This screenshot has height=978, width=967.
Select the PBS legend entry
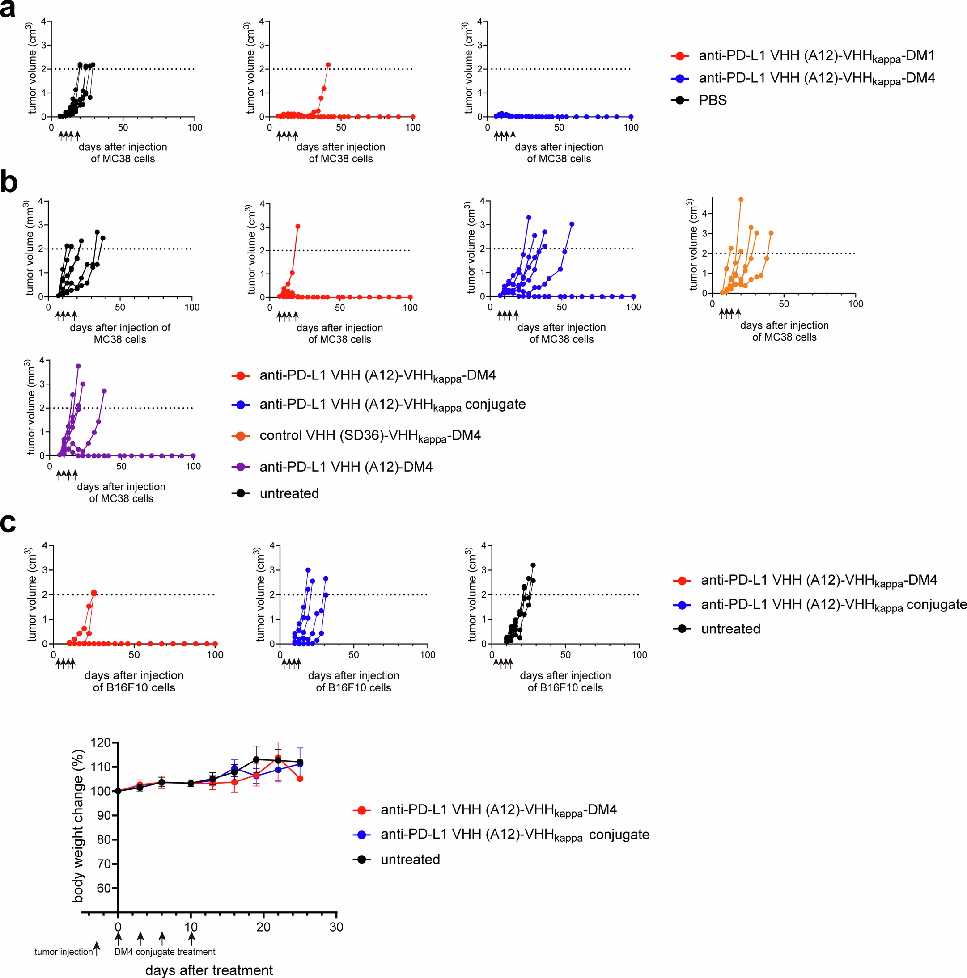pos(712,100)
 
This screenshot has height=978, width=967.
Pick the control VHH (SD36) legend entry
pos(370,436)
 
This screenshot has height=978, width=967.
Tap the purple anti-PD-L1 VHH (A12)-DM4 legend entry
pos(346,467)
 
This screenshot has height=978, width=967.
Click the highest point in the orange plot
pos(741,199)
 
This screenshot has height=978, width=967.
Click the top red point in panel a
pos(328,65)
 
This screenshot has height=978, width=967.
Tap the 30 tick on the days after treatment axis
pos(336,927)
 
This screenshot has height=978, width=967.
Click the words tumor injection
pos(64,952)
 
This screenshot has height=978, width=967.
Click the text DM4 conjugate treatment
pos(165,952)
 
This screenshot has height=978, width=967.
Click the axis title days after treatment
pos(209,970)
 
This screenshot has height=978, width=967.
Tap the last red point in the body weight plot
pos(300,779)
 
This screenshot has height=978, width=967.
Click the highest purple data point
pos(78,366)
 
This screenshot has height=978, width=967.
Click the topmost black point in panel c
pos(533,565)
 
